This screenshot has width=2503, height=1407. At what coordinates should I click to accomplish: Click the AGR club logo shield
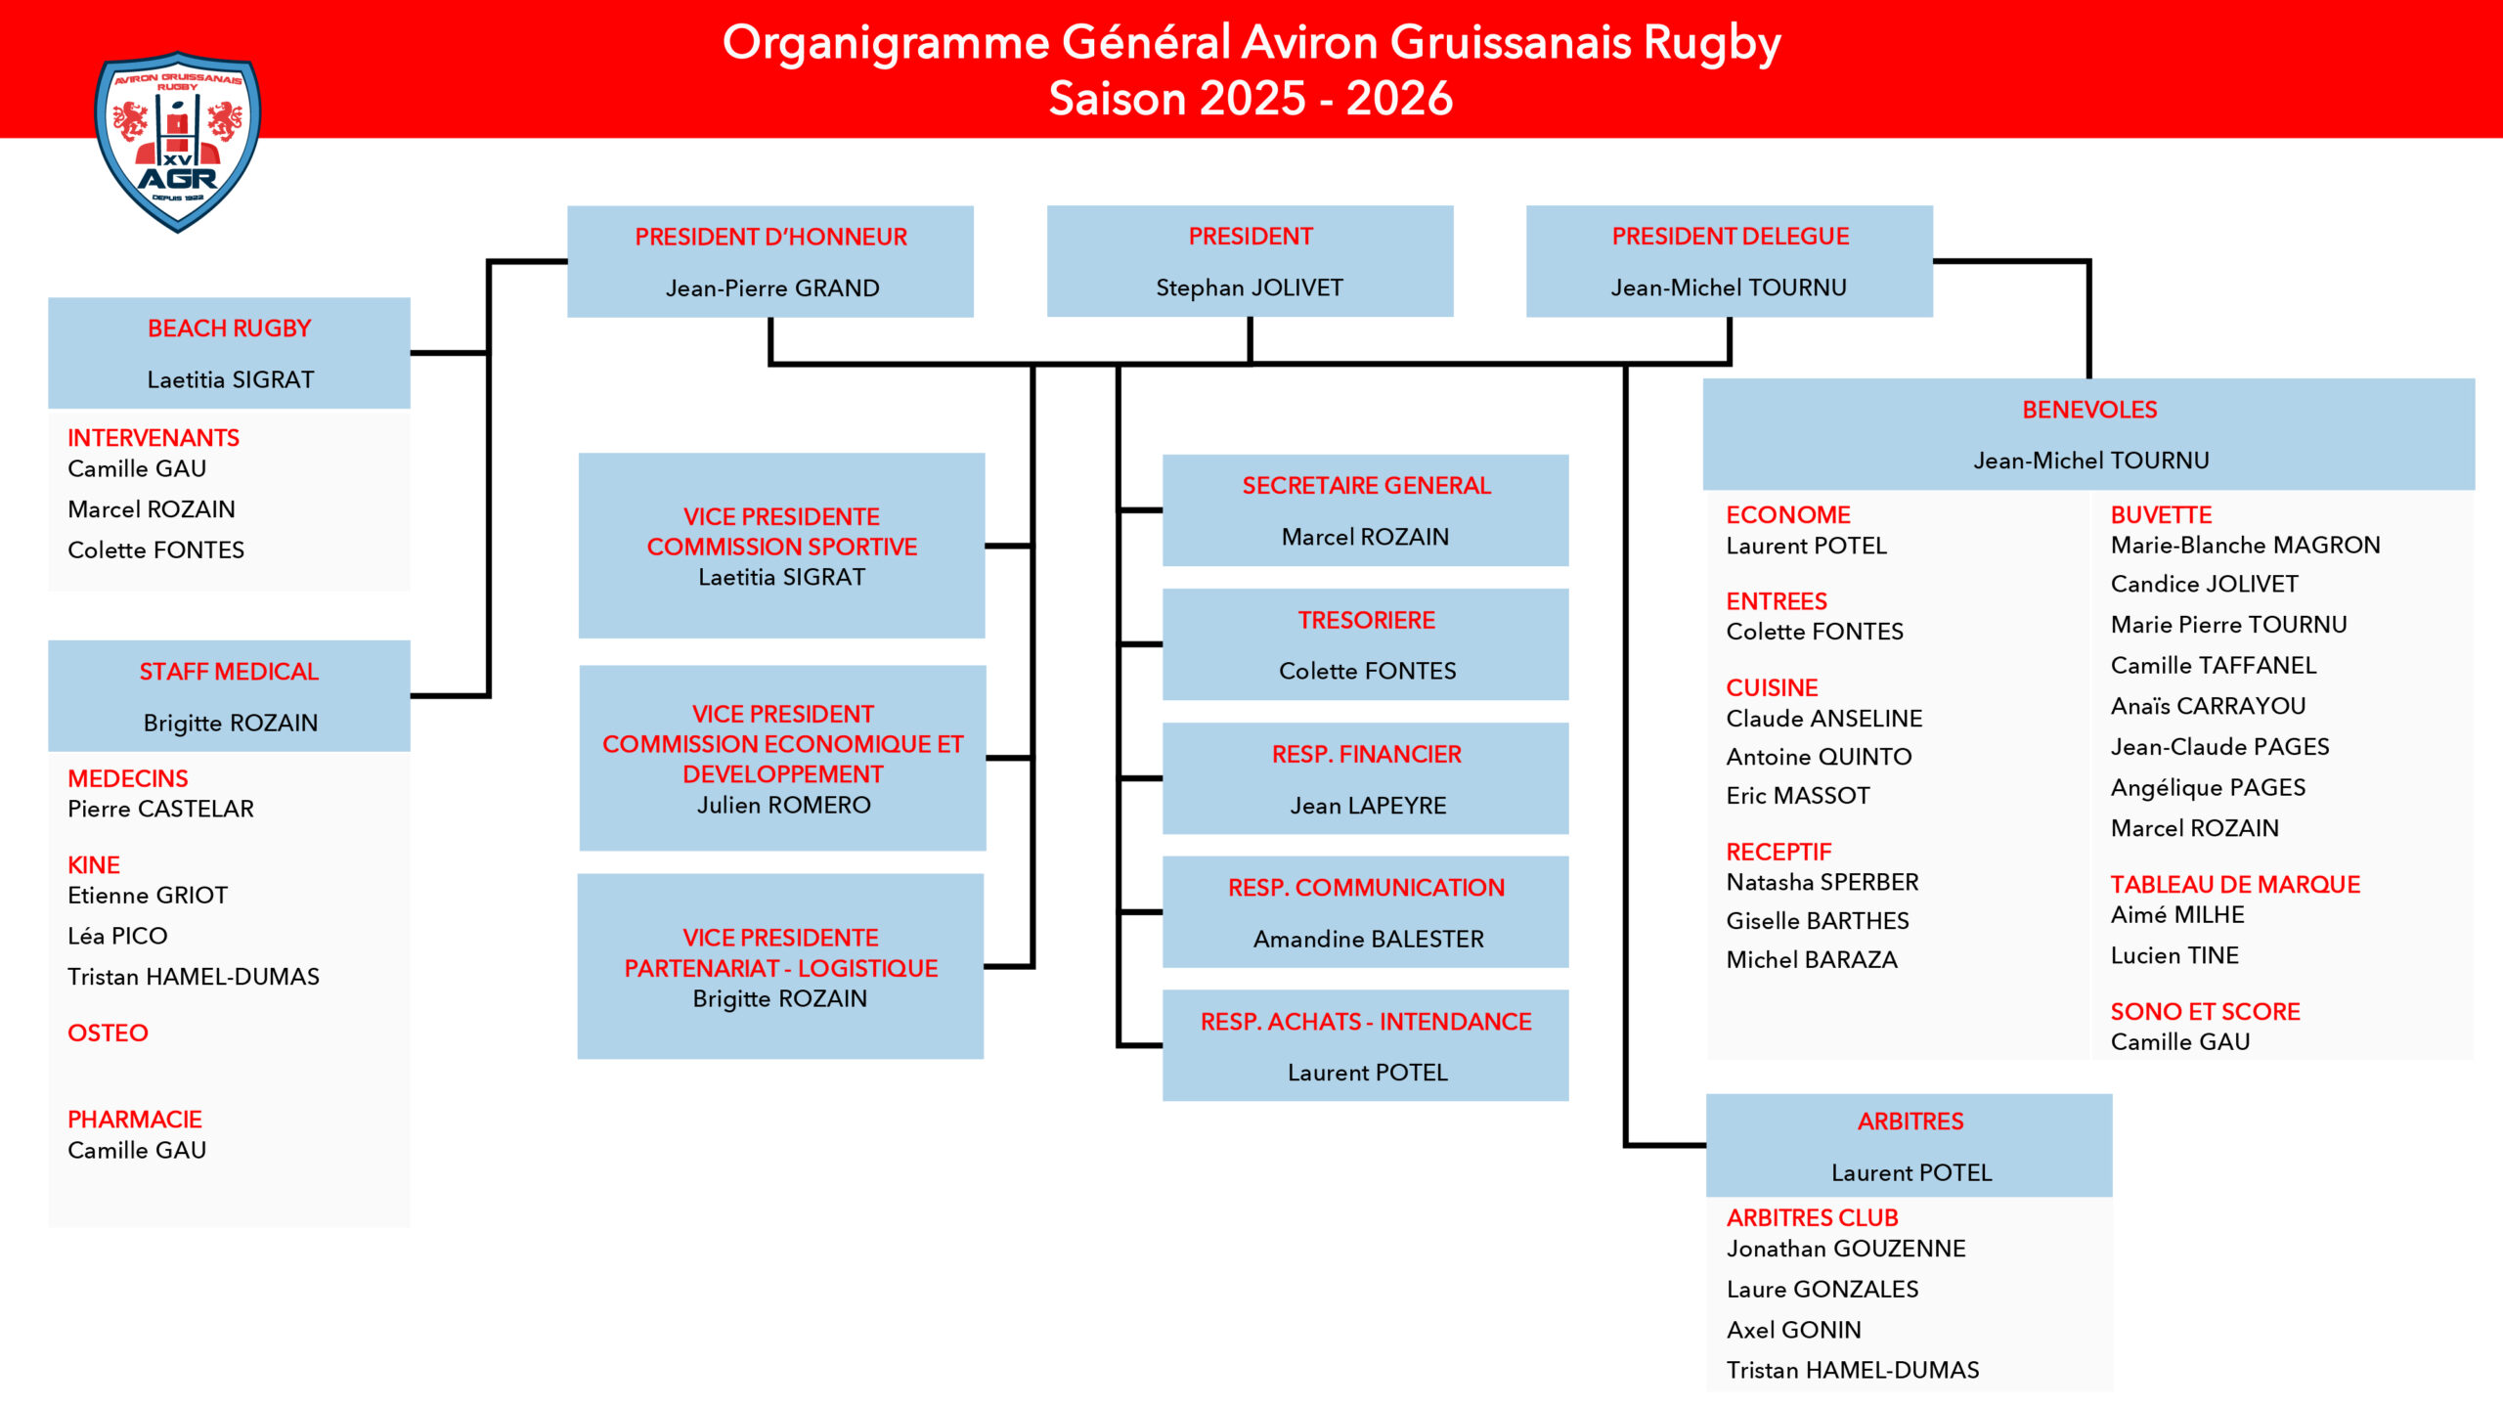tap(177, 141)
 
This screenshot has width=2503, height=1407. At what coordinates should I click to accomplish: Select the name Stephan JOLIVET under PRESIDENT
tap(1249, 287)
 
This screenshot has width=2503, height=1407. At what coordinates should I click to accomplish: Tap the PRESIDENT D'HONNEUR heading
tap(770, 237)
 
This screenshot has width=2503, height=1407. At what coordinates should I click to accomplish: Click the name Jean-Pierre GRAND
tap(771, 288)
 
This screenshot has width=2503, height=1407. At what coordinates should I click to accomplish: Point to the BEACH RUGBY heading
tap(229, 329)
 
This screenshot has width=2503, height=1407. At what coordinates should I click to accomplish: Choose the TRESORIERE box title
tap(1366, 620)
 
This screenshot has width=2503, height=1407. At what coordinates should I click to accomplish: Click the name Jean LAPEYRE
tap(1367, 806)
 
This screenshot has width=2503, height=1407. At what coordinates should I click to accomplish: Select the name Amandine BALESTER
tap(1368, 939)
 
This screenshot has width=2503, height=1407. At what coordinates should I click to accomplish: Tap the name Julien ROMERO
tap(783, 805)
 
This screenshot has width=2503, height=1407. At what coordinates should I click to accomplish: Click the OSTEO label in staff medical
tap(108, 1033)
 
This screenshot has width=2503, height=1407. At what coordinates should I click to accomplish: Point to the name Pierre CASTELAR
tap(160, 809)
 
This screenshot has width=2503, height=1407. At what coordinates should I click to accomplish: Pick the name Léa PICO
tap(117, 936)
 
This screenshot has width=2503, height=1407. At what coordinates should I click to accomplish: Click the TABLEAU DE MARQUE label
tap(2234, 884)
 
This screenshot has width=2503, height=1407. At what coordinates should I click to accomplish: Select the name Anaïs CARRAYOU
tap(2208, 706)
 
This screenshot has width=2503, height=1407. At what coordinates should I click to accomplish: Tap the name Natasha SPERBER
tap(1822, 882)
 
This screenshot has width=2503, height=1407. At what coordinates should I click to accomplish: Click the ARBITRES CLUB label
tap(1811, 1217)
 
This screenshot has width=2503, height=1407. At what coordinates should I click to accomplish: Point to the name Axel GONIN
tap(1793, 1330)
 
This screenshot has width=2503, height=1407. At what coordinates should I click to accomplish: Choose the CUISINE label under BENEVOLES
tap(1771, 687)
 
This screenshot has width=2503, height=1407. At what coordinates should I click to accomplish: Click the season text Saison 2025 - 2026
tap(1251, 99)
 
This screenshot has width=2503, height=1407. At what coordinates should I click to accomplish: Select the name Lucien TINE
tap(2174, 955)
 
